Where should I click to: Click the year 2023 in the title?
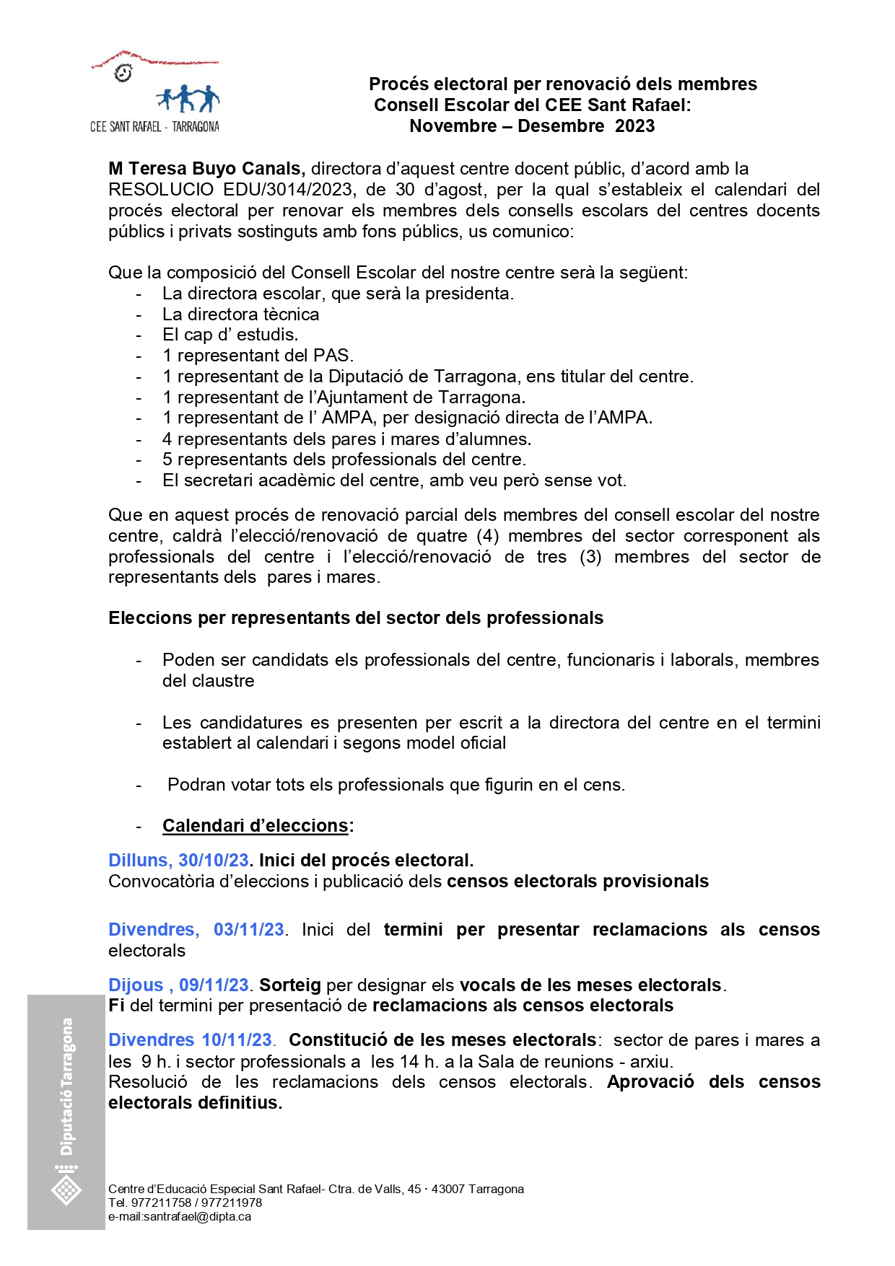pos(634,126)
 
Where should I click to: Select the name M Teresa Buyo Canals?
pos(206,169)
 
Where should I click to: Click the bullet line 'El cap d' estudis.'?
pos(230,335)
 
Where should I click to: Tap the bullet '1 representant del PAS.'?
pos(258,356)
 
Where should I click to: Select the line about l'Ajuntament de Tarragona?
pos(344,397)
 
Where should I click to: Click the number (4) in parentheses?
pos(487,536)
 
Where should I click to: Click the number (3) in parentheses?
pos(590,557)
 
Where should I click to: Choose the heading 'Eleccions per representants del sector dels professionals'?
pos(356,618)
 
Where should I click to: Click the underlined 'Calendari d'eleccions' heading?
pos(256,826)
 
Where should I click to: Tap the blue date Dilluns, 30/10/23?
pos(178,861)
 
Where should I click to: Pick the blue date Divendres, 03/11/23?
pos(196,930)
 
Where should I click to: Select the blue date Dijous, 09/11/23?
pos(178,985)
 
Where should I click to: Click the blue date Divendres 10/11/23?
pos(191,1040)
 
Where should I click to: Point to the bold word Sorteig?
pos(290,985)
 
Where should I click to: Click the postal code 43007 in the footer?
pos(448,1189)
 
